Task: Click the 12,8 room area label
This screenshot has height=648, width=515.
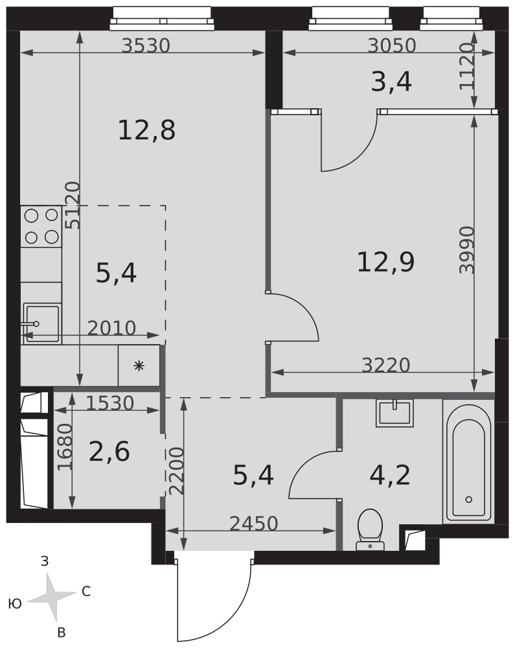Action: (146, 130)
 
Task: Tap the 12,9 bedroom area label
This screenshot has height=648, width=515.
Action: (385, 262)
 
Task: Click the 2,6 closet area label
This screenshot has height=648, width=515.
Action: (109, 451)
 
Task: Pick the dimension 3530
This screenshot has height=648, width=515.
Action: (146, 45)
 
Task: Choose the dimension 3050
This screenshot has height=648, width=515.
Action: (392, 45)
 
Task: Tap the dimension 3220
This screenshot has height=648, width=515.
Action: (385, 365)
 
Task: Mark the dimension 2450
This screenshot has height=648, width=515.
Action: (253, 524)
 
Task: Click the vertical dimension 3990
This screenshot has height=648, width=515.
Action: (467, 249)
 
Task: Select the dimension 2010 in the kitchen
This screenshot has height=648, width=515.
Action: (111, 328)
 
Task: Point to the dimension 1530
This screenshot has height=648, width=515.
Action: (110, 403)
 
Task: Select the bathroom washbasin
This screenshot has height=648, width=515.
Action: (395, 413)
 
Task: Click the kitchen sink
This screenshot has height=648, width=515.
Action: (41, 323)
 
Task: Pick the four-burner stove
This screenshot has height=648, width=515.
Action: (41, 226)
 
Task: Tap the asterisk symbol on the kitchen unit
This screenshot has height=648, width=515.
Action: (139, 365)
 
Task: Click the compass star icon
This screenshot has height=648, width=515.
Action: (52, 596)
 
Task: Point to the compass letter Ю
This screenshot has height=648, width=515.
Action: (15, 604)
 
